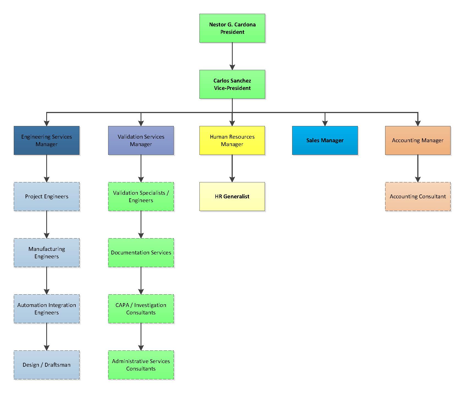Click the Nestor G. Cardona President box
tap(232, 28)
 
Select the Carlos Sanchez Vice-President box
tap(232, 84)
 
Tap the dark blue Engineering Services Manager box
tap(46, 140)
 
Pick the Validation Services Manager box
tap(141, 140)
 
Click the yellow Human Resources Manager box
tap(232, 140)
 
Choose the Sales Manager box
tap(325, 140)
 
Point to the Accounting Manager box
tap(418, 140)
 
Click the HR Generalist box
tap(232, 196)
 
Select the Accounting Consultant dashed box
tap(418, 196)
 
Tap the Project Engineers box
tap(46, 196)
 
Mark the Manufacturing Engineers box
tap(46, 253)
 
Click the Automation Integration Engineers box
tap(46, 309)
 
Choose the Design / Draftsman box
tap(46, 365)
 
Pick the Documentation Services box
tap(141, 253)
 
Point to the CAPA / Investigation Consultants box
tap(141, 309)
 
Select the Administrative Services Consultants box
tap(141, 365)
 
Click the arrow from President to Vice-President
tap(232, 56)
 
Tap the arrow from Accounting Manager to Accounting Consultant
tap(418, 168)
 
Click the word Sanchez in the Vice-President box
tap(241, 81)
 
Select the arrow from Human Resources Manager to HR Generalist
tap(232, 168)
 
